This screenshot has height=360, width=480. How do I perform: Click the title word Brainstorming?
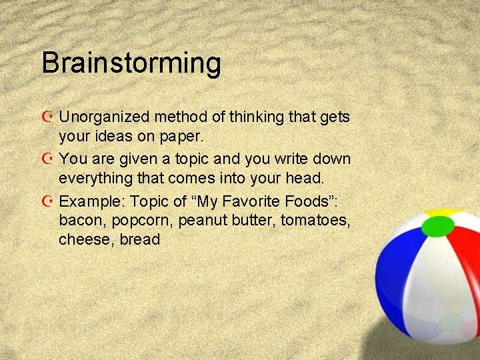pos(131,63)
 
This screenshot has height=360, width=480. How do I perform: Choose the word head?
pos(305,178)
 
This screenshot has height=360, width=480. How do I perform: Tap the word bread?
pos(141,239)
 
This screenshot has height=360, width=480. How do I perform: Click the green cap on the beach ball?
pos(438,227)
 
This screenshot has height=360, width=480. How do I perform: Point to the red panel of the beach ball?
pos(467,253)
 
